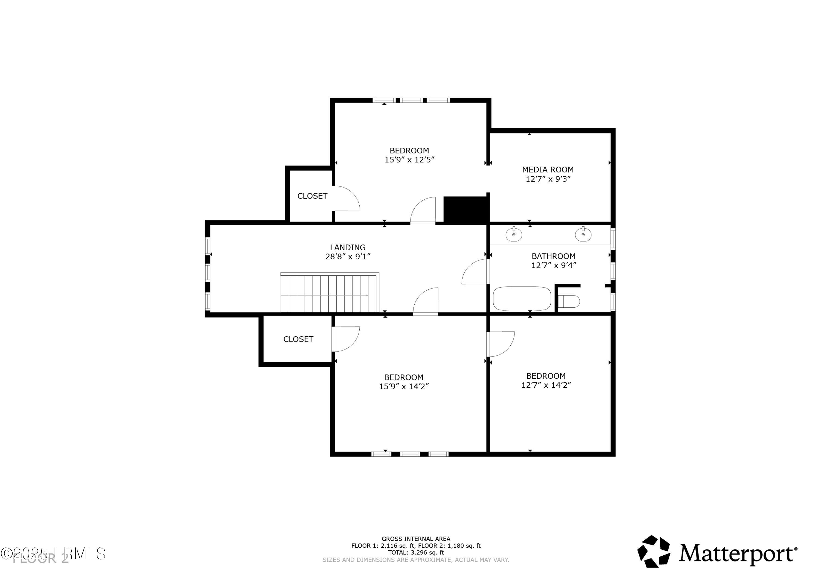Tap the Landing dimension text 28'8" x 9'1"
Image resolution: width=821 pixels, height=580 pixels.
(348, 257)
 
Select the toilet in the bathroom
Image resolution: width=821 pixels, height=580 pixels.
(569, 301)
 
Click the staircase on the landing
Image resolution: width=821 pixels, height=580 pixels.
(329, 293)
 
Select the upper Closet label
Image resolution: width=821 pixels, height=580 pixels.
(312, 196)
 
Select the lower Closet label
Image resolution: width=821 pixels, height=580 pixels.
(298, 339)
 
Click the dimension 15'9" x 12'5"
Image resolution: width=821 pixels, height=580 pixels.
(409, 160)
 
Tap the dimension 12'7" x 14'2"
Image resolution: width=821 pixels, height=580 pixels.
(546, 385)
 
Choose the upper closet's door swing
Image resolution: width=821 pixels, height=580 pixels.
(346, 199)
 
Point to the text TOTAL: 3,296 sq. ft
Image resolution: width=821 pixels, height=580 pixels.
(416, 552)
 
